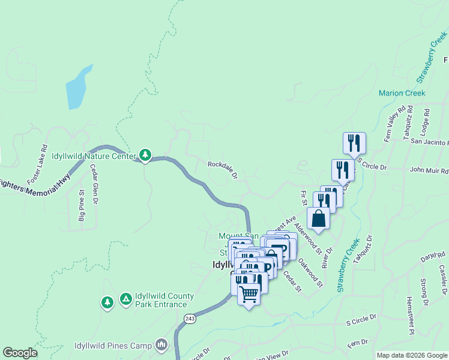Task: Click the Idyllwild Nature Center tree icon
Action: [x=145, y=155]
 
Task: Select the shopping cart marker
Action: [x=249, y=295]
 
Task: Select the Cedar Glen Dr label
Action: [x=94, y=185]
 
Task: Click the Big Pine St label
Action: [x=82, y=207]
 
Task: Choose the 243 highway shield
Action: [x=190, y=318]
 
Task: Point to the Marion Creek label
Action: [x=402, y=93]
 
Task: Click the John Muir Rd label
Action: [x=429, y=170]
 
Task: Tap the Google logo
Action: [x=20, y=353]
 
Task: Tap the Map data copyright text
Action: [x=412, y=355]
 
